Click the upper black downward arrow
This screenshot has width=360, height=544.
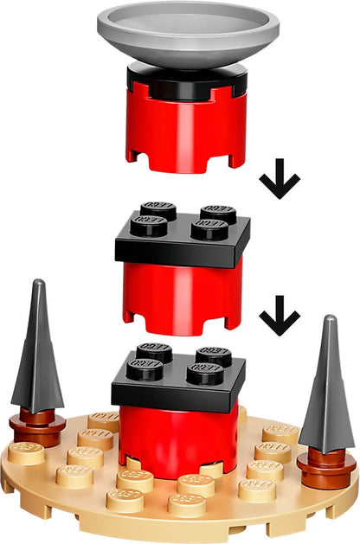pyautogui.click(x=279, y=181)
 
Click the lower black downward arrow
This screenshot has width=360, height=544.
pyautogui.click(x=279, y=317)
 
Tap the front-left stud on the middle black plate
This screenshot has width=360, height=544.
pyautogui.click(x=149, y=226)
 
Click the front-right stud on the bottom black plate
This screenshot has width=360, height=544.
pyautogui.click(x=205, y=373)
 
